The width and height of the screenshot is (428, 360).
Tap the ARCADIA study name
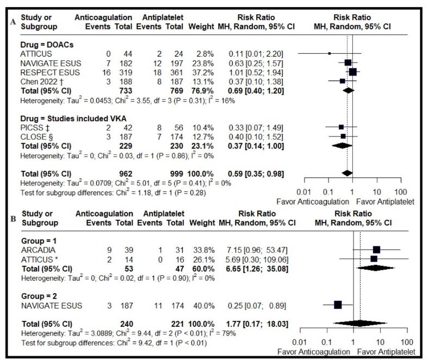(36, 250)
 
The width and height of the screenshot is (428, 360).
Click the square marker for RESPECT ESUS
(352, 72)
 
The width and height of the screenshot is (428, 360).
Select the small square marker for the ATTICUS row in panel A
(329, 54)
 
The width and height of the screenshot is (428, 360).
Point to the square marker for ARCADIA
(376, 250)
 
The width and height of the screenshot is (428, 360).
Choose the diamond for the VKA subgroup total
(342, 146)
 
